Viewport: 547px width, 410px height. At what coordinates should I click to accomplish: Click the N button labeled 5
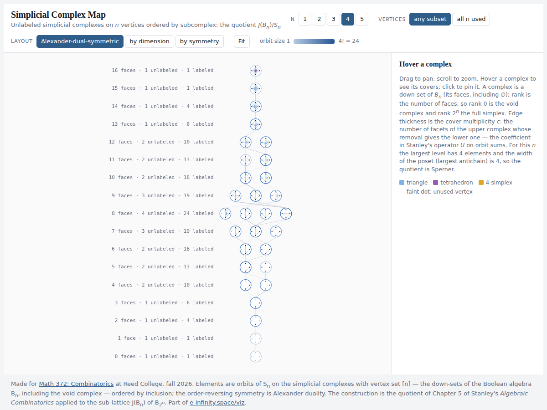pyautogui.click(x=362, y=19)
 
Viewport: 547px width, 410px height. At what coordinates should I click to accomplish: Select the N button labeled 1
pyautogui.click(x=305, y=19)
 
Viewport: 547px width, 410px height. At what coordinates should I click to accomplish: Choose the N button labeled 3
pyautogui.click(x=333, y=19)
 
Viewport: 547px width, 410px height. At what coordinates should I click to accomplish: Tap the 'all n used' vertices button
pyautogui.click(x=471, y=19)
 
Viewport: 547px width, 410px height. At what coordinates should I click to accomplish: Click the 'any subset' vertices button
pyautogui.click(x=430, y=19)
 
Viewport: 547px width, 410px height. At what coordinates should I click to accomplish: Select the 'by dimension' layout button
pyautogui.click(x=149, y=41)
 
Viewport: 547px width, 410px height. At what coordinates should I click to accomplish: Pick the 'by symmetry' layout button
pyautogui.click(x=199, y=41)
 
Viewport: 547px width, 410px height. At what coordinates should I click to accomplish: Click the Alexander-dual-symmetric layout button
pyautogui.click(x=80, y=41)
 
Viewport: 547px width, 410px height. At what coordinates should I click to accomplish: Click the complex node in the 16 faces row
pyautogui.click(x=256, y=71)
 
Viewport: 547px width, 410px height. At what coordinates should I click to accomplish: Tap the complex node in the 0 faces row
pyautogui.click(x=256, y=357)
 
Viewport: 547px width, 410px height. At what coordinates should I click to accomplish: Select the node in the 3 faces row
pyautogui.click(x=256, y=303)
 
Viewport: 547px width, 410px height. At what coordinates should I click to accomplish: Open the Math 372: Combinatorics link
pyautogui.click(x=76, y=384)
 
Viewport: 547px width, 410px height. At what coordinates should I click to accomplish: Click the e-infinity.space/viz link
pyautogui.click(x=217, y=403)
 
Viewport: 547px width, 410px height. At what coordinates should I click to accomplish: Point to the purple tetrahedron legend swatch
pyautogui.click(x=436, y=183)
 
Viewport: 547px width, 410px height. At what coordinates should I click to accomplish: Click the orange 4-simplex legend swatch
pyautogui.click(x=481, y=183)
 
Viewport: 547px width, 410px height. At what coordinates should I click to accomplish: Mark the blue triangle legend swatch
pyautogui.click(x=402, y=183)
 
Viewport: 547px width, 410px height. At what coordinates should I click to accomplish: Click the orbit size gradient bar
pyautogui.click(x=314, y=41)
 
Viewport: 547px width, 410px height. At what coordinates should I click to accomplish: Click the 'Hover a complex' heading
pyautogui.click(x=425, y=64)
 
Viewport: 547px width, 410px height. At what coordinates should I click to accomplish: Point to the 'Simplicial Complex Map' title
pyautogui.click(x=58, y=15)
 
